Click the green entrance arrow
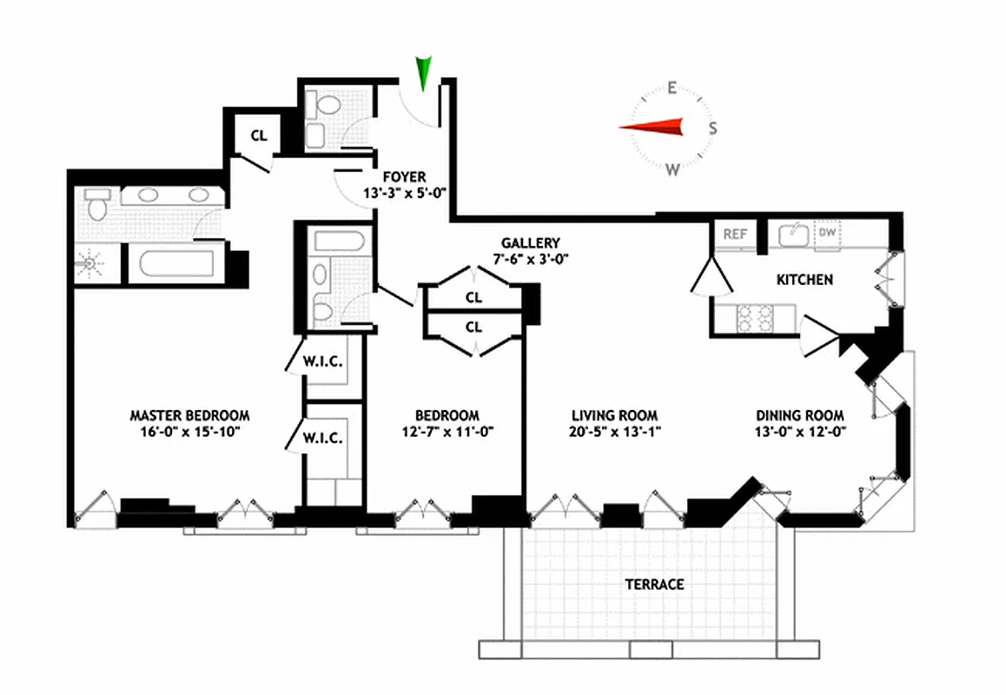(424, 72)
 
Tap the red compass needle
(652, 128)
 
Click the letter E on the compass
(672, 87)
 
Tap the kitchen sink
(791, 234)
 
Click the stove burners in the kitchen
(754, 319)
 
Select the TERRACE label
(654, 585)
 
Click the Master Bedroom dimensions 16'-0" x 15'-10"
(190, 431)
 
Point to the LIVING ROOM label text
(613, 415)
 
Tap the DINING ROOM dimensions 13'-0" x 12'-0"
(800, 431)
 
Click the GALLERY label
(530, 243)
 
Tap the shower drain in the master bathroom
(89, 261)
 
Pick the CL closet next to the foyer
(259, 136)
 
